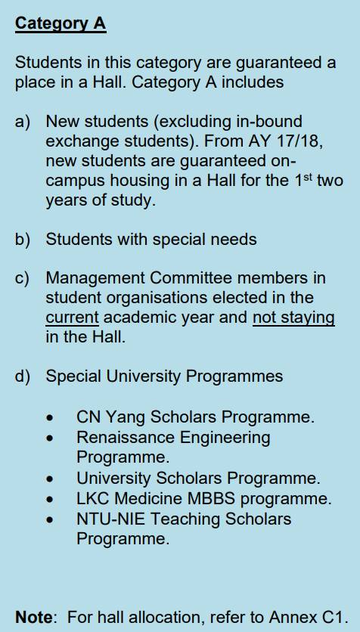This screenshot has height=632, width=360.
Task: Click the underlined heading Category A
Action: [x=61, y=23]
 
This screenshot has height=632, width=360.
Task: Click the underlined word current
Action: [x=72, y=318]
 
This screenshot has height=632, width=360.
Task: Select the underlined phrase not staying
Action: [x=293, y=318]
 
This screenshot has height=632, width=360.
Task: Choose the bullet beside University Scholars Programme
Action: [x=50, y=479]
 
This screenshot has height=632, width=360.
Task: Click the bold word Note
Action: [x=34, y=617]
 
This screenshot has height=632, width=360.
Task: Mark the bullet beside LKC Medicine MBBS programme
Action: [x=50, y=499]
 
